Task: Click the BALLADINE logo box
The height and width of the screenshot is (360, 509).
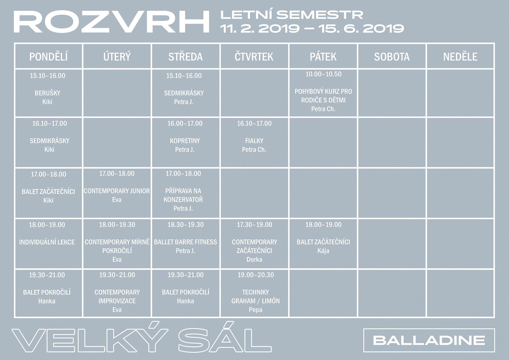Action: [429, 340]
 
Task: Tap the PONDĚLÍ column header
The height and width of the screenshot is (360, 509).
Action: [48, 57]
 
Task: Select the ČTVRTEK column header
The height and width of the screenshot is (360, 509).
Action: [254, 57]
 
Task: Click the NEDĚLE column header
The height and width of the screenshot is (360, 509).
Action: [460, 57]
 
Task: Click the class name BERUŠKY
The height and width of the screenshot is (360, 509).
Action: [48, 93]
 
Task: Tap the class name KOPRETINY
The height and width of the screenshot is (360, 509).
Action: [185, 141]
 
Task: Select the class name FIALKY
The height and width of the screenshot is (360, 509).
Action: [254, 141]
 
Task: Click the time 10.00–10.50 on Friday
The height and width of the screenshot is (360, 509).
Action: [323, 74]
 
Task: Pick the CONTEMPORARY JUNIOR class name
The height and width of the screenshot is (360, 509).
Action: [117, 191]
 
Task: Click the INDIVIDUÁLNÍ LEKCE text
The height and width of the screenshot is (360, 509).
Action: [47, 242]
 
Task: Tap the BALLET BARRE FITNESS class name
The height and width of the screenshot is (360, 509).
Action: [185, 242]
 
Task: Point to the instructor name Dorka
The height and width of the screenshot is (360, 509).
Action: [255, 260]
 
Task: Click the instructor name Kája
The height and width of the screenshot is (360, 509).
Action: [323, 251]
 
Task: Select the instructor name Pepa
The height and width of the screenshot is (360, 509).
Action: [256, 310]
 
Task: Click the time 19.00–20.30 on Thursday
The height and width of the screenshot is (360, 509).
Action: [256, 275]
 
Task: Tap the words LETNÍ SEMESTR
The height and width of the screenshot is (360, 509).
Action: [292, 15]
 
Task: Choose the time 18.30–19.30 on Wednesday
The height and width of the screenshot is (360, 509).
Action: [185, 225]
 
